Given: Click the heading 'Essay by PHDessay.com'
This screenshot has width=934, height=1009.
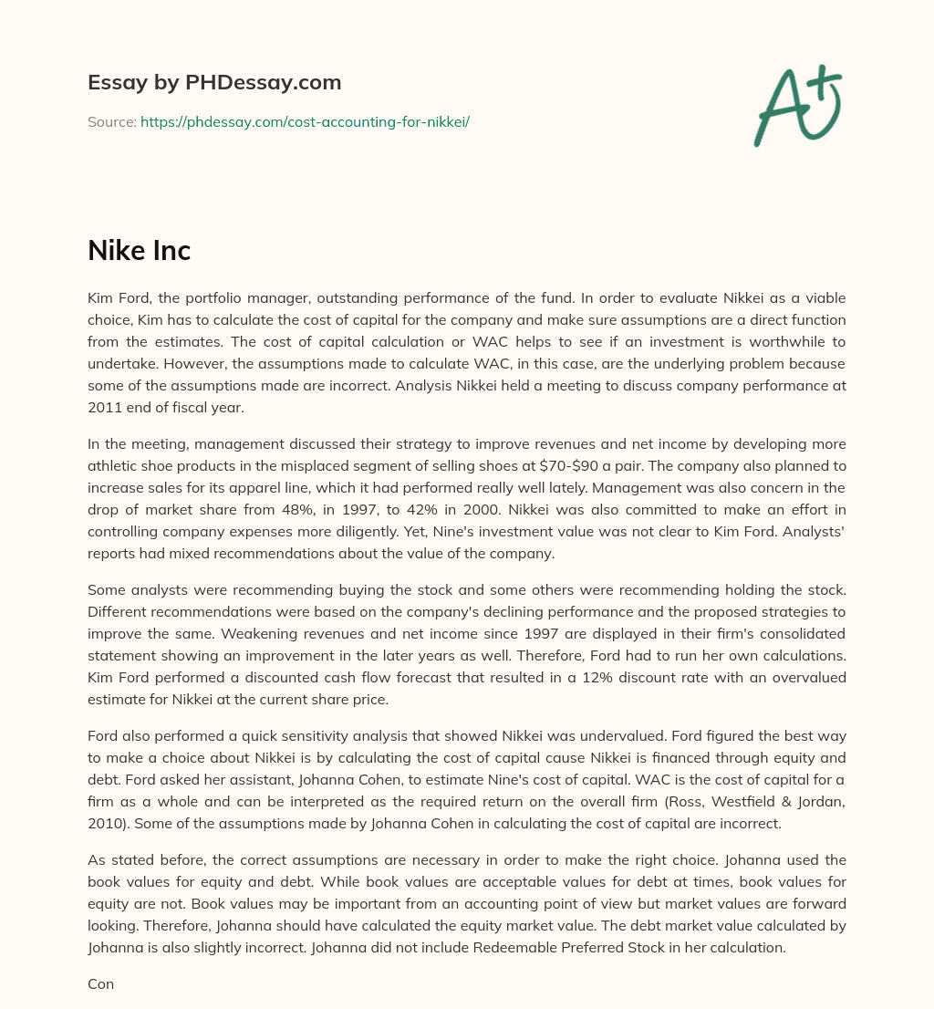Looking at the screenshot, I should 214,83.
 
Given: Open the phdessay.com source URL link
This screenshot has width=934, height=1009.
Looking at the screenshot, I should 305,121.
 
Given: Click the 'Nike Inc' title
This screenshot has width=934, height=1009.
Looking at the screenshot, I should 139,251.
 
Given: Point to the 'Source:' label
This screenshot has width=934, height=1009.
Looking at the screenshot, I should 112,121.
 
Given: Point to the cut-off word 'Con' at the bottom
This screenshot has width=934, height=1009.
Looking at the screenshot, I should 100,984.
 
